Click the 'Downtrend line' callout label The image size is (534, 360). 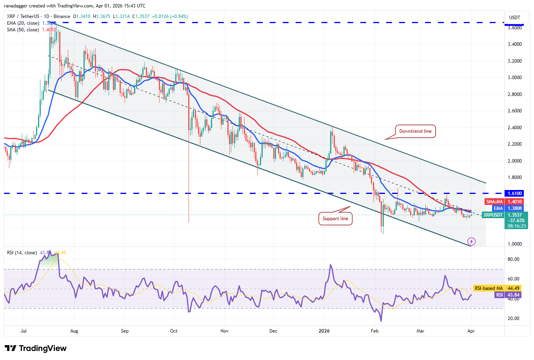(x=415, y=131)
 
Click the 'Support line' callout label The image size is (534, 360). (x=335, y=219)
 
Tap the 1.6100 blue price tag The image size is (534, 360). (x=514, y=194)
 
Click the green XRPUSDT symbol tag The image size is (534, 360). (x=492, y=215)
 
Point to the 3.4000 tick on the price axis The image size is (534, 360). (x=514, y=44)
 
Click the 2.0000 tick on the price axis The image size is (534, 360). (x=514, y=161)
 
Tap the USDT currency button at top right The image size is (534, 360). (x=514, y=17)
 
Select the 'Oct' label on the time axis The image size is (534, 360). (x=174, y=331)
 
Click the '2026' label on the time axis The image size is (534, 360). (x=324, y=331)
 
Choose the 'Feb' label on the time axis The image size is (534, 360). (x=374, y=331)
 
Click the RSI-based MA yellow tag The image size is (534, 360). (x=489, y=288)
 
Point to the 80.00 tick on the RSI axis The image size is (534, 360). (x=514, y=259)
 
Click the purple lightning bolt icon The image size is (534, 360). (x=472, y=241)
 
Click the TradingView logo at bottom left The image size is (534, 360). (x=36, y=348)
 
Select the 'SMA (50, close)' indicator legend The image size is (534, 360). (x=23, y=30)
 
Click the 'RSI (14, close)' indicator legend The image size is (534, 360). (x=22, y=253)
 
